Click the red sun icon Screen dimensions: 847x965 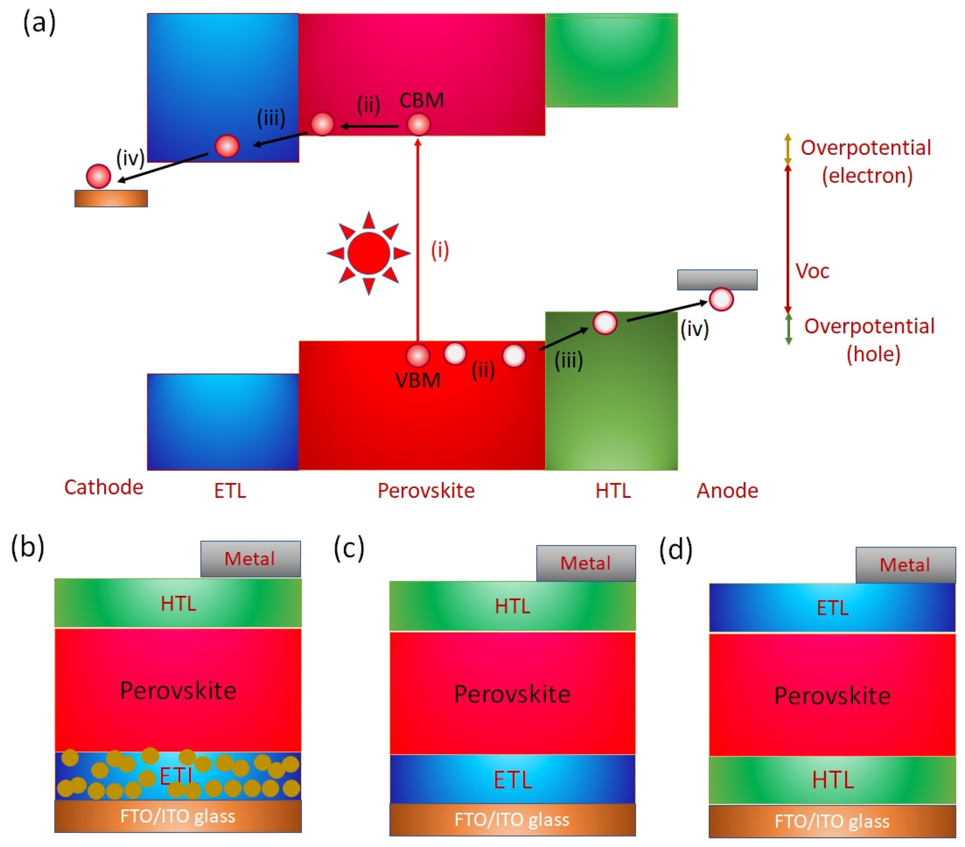click(x=369, y=254)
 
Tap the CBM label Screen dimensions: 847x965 click(x=421, y=100)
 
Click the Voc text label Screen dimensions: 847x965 click(x=812, y=271)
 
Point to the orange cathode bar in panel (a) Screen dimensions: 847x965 click(x=111, y=198)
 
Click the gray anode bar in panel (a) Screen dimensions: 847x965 click(x=717, y=279)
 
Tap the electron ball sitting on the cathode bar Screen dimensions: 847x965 click(x=98, y=176)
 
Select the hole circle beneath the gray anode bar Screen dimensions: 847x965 click(x=721, y=299)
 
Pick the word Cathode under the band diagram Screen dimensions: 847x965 click(x=104, y=487)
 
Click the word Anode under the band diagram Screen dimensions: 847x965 click(x=727, y=491)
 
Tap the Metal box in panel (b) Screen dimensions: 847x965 click(x=250, y=559)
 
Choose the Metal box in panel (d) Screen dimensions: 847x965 click(x=905, y=565)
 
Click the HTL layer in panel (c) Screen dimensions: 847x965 click(x=512, y=606)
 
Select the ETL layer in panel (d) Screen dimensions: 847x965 click(x=832, y=608)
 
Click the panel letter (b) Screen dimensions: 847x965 click(x=28, y=547)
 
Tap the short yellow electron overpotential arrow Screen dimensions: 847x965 click(x=787, y=149)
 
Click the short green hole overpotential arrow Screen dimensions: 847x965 click(x=788, y=329)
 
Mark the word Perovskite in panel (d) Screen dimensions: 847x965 click(x=832, y=696)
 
